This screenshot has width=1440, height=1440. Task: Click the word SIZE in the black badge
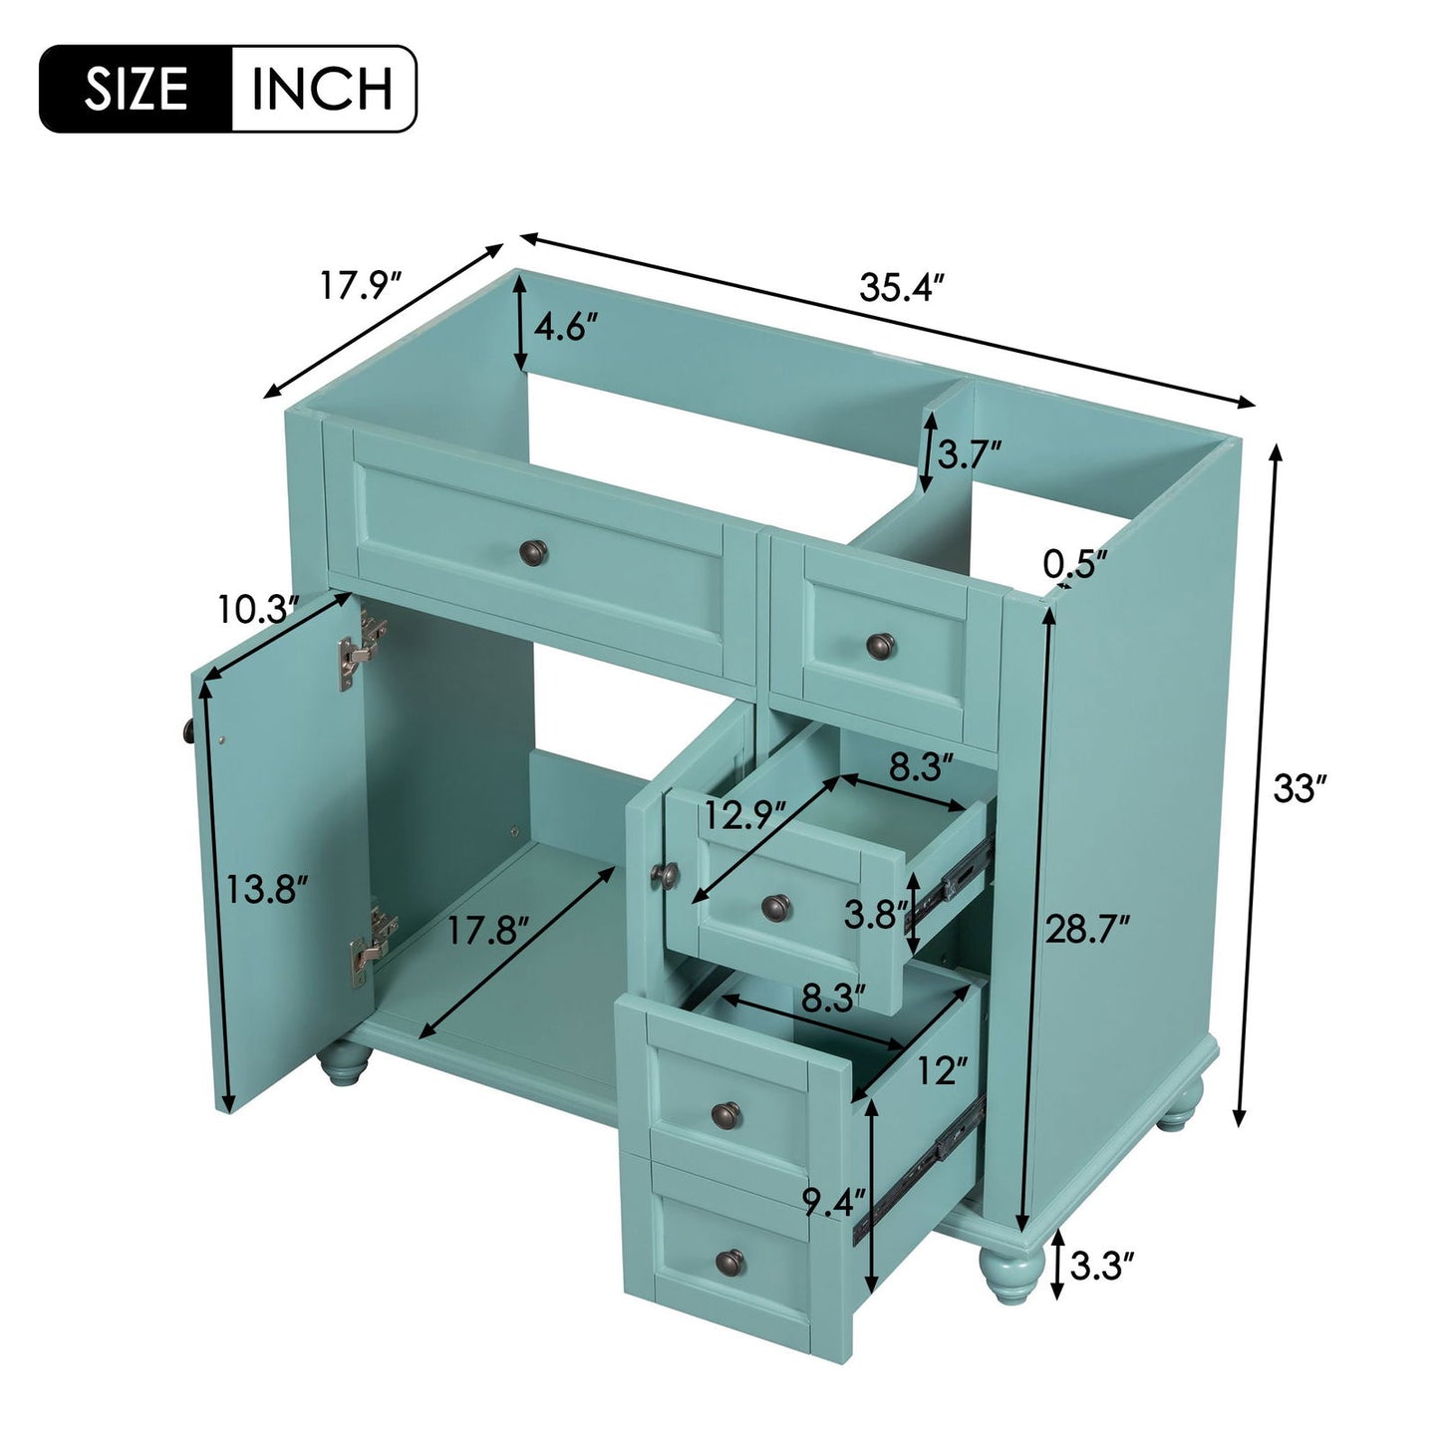pyautogui.click(x=136, y=89)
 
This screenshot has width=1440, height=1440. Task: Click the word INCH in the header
pyautogui.click(x=322, y=89)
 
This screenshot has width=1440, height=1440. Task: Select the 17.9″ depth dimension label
pyautogui.click(x=359, y=286)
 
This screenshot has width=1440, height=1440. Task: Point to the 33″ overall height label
pyautogui.click(x=1299, y=791)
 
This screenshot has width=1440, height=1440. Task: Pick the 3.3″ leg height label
pyautogui.click(x=1102, y=1268)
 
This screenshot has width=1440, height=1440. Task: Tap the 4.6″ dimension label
pyautogui.click(x=565, y=327)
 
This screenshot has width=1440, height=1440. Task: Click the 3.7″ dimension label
pyautogui.click(x=970, y=455)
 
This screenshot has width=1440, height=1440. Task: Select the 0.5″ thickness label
pyautogui.click(x=1075, y=564)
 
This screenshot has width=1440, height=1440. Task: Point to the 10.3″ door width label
pyautogui.click(x=258, y=609)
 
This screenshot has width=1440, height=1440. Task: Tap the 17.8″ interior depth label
pyautogui.click(x=485, y=932)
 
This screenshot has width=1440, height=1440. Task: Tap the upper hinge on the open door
pyautogui.click(x=363, y=649)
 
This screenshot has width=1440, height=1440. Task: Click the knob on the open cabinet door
pyautogui.click(x=188, y=730)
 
